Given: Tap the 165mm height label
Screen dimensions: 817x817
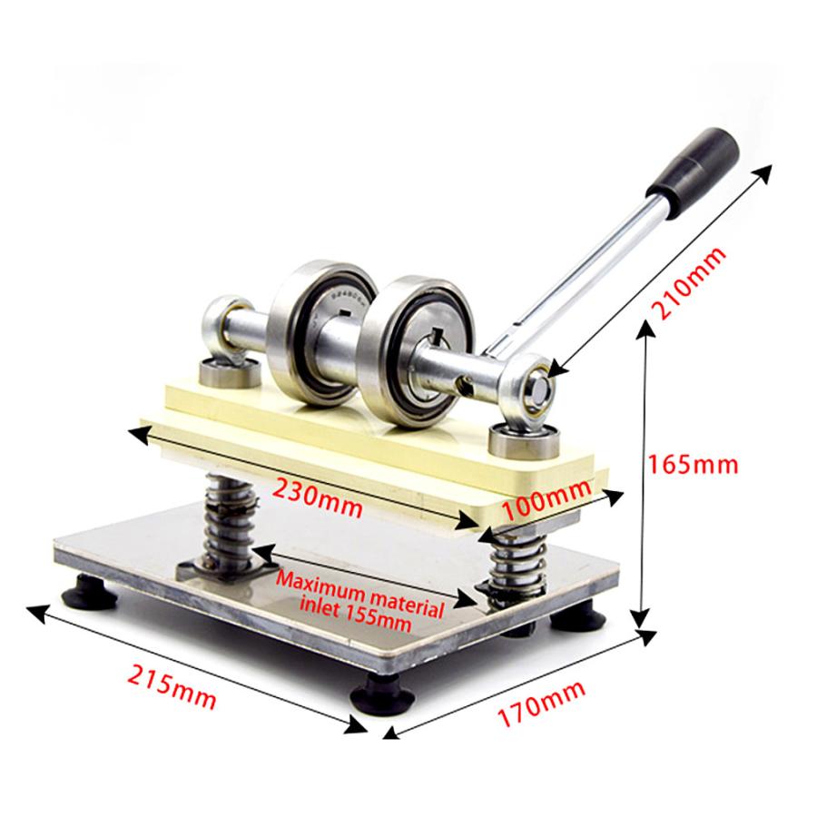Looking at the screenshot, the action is tap(693, 464).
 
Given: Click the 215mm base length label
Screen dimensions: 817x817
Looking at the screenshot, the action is tap(172, 687).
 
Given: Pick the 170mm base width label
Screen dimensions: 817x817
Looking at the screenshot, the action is tap(541, 704).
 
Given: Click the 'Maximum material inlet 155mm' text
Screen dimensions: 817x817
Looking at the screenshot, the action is tap(359, 601).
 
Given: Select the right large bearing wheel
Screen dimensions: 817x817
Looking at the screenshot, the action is tap(417, 350).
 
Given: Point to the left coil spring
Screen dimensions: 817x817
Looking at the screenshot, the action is tap(230, 521).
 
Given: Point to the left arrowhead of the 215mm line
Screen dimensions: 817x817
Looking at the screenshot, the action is tap(35, 614).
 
